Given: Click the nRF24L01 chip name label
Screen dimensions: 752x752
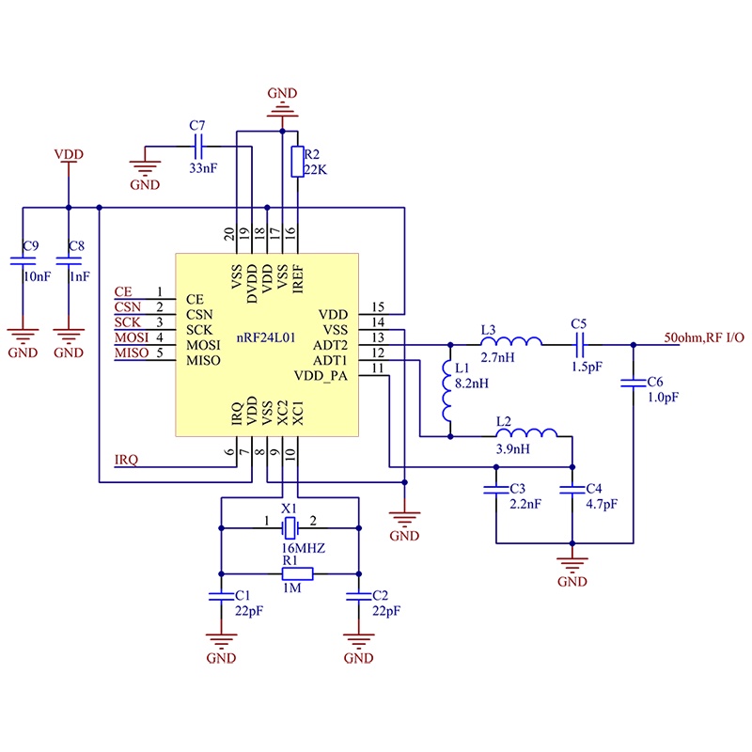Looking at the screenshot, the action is (x=266, y=337).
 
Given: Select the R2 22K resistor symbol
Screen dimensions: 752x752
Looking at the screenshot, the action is (x=297, y=162).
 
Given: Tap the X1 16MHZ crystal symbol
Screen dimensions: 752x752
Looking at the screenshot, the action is (x=290, y=528).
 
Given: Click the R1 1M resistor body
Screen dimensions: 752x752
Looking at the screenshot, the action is (x=297, y=573).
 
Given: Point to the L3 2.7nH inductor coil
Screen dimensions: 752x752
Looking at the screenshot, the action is (x=511, y=341).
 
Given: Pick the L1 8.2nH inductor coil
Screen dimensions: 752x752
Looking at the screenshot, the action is (x=447, y=390).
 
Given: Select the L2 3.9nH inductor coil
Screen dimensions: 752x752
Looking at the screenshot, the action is (x=526, y=432).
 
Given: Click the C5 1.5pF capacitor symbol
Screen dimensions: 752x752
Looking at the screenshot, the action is (x=579, y=344).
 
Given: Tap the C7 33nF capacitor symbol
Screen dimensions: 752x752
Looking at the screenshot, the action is (x=198, y=147).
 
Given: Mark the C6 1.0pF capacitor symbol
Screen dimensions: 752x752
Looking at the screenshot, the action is (x=633, y=383).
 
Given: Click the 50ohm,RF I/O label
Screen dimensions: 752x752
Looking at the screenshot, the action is (x=704, y=337).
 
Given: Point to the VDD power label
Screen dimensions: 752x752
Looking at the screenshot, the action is (x=69, y=154).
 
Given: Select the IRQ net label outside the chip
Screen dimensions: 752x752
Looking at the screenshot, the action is (x=126, y=460).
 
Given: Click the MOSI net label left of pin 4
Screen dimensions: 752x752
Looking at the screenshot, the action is (x=132, y=337).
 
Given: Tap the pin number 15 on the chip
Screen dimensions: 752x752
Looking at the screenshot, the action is (x=378, y=307).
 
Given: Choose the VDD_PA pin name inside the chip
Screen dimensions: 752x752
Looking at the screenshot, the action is (x=321, y=375).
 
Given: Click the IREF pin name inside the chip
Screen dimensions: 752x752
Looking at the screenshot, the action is (x=298, y=278).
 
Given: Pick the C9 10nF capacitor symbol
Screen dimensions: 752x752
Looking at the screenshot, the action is (x=23, y=261).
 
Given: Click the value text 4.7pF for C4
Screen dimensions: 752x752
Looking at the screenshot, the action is (x=602, y=504).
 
